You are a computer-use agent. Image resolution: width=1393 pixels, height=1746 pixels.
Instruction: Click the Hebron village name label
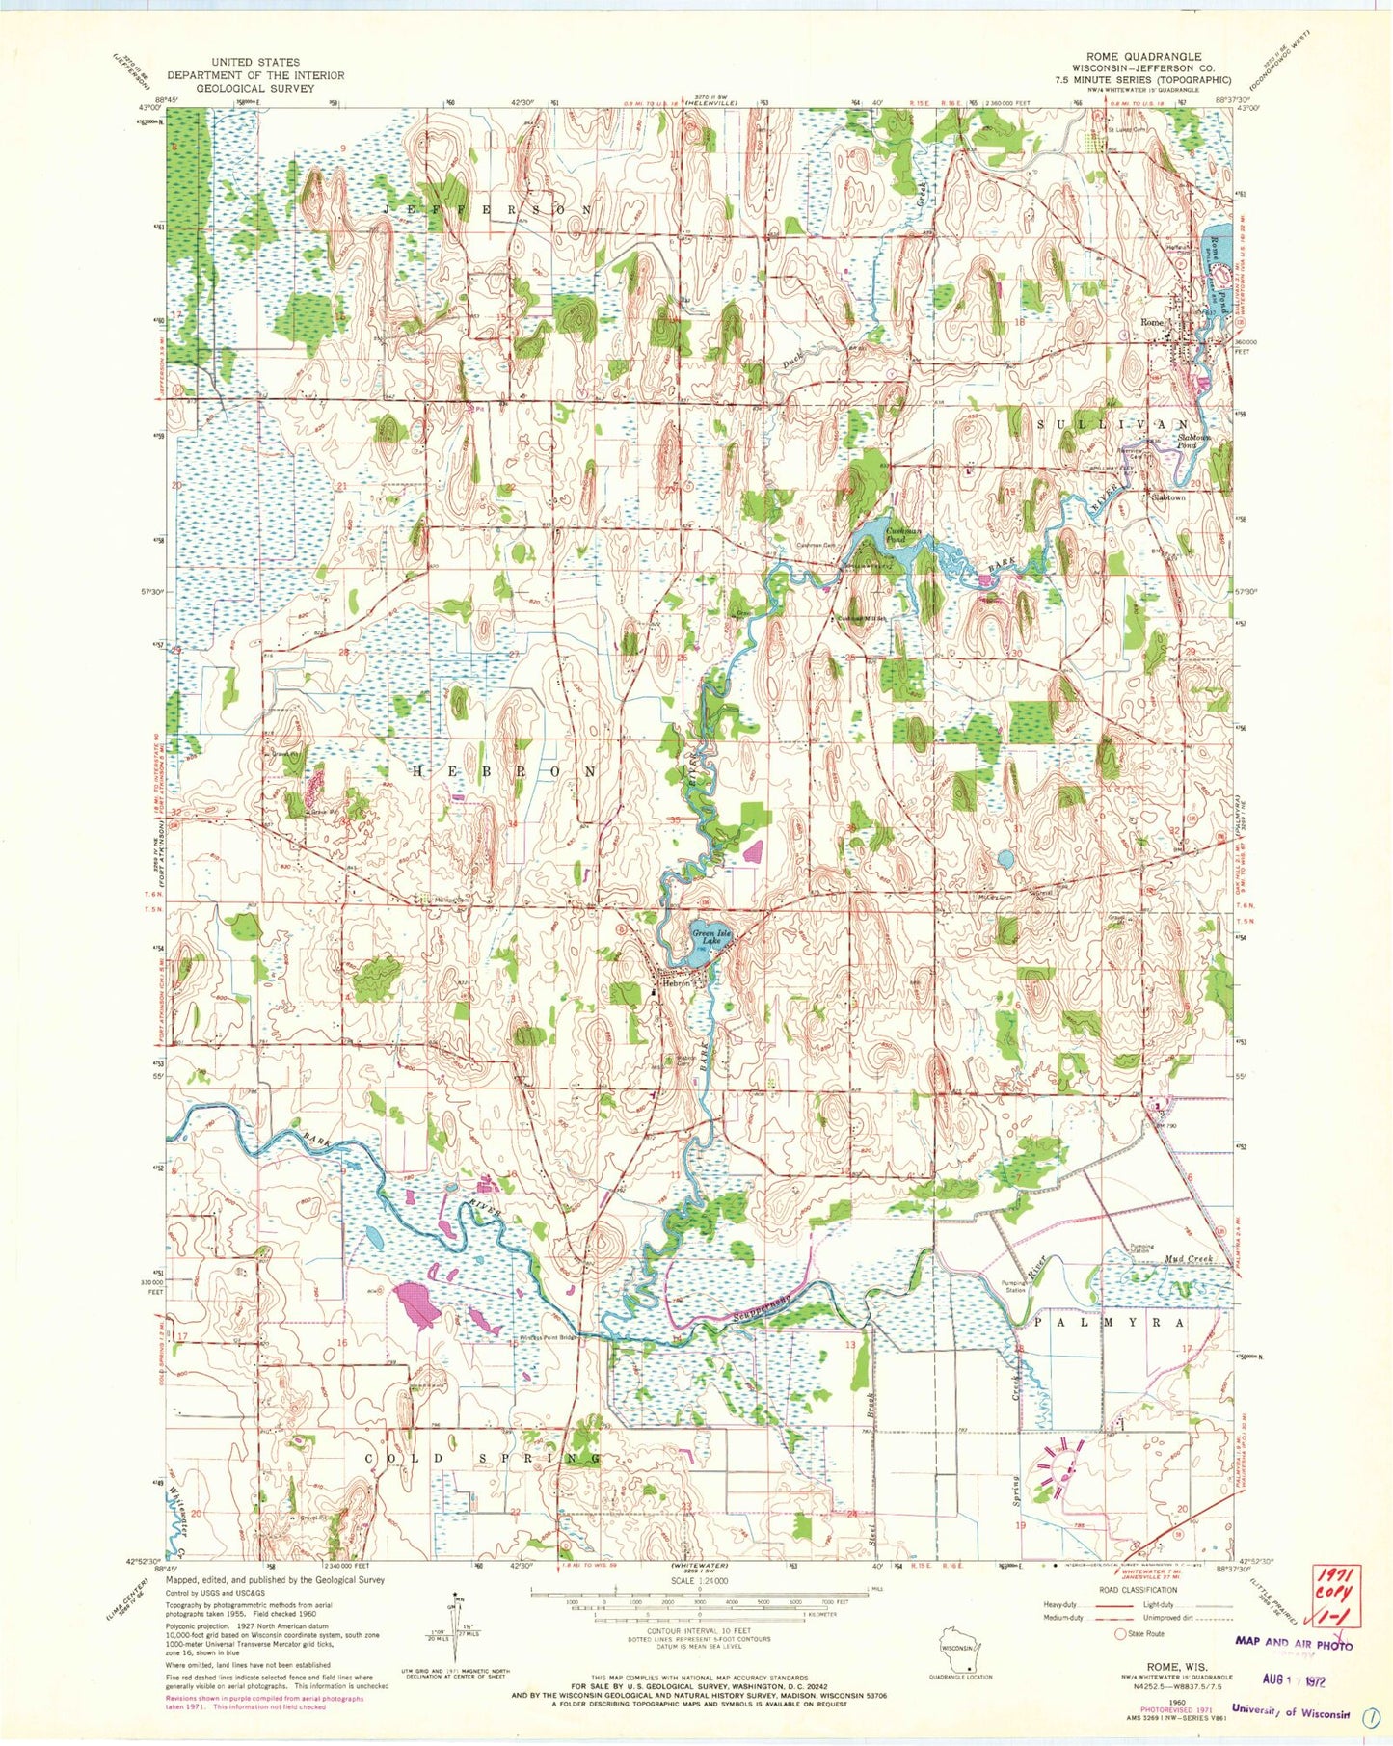point(671,984)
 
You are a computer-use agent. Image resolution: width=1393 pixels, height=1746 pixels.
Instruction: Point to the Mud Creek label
point(1186,1260)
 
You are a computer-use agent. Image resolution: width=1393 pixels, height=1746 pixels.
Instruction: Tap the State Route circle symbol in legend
point(1120,1634)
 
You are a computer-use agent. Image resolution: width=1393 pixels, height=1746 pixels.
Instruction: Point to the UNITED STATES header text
point(254,62)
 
